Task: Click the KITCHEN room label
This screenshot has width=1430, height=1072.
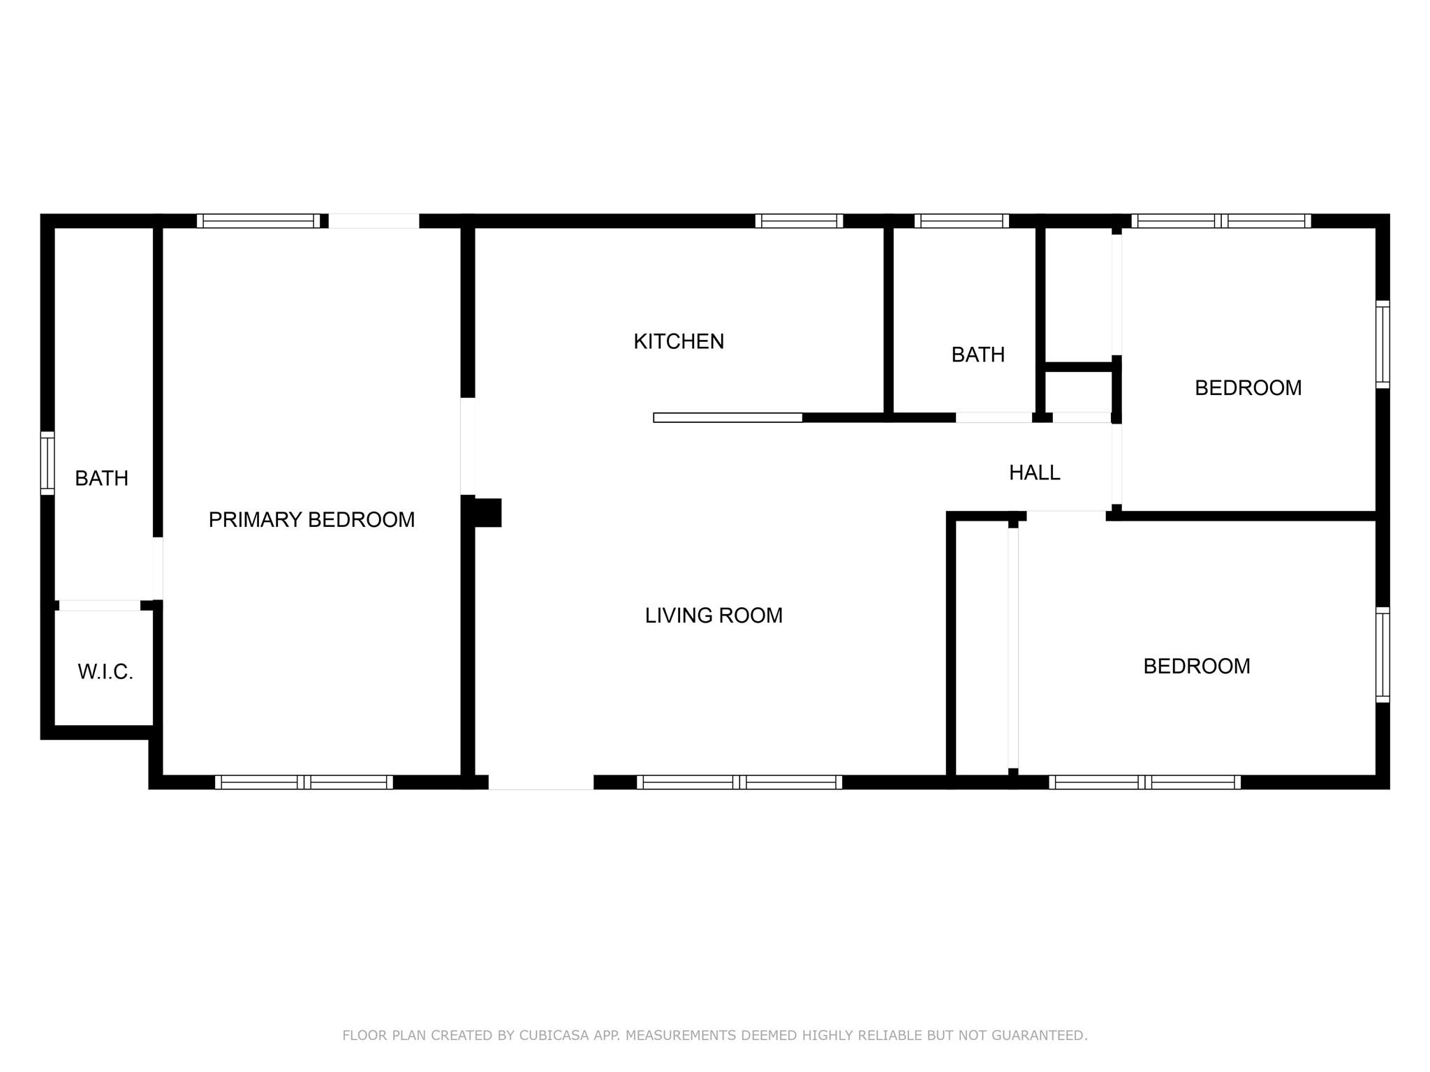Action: (679, 341)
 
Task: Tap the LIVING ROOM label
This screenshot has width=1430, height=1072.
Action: (714, 616)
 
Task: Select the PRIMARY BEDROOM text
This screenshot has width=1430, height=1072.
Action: (311, 519)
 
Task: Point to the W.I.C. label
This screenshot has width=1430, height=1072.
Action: (105, 672)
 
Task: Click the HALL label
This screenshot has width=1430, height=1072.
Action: (1035, 473)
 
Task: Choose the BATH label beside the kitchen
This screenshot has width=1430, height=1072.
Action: (978, 355)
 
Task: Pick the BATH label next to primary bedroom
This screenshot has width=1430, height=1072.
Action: (101, 478)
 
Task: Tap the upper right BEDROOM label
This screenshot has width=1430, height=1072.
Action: (1248, 388)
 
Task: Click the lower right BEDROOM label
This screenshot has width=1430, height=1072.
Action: (1197, 667)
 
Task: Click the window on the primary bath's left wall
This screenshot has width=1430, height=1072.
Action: (47, 463)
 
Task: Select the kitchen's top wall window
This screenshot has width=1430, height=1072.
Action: (799, 221)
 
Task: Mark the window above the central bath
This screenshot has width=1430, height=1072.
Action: (961, 221)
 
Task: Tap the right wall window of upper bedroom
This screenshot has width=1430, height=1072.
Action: (1383, 344)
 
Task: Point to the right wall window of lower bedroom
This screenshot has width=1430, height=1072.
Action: (1383, 655)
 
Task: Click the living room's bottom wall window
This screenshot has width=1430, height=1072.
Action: (739, 782)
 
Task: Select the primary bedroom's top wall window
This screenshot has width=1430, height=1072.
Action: (258, 221)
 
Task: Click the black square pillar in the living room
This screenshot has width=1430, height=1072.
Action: (488, 513)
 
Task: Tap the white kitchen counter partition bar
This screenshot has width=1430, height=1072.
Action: (728, 418)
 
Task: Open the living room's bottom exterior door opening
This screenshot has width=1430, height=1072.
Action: (541, 782)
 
